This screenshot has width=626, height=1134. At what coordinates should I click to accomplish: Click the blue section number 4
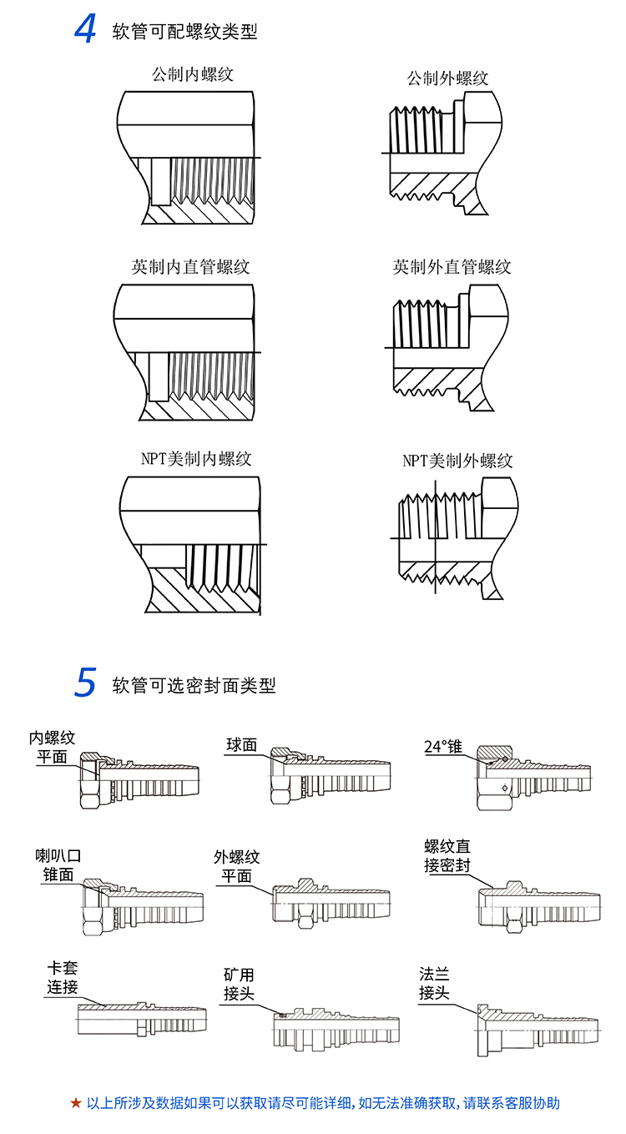[85, 29]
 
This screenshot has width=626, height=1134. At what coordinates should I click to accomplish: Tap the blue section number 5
[85, 683]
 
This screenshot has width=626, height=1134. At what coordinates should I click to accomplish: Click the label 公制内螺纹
[193, 74]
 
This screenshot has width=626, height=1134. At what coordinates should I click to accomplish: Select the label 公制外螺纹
[447, 78]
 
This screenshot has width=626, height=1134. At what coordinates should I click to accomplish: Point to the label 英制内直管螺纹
[190, 267]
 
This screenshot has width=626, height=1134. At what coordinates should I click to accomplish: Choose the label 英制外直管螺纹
[452, 267]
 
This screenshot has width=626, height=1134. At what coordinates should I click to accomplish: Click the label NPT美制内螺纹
[196, 459]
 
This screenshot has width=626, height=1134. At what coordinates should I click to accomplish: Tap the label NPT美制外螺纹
[457, 461]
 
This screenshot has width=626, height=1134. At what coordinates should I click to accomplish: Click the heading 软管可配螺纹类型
[184, 33]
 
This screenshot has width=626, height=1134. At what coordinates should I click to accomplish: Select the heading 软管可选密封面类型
[194, 686]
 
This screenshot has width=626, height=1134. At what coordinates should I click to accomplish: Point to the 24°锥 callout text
[442, 746]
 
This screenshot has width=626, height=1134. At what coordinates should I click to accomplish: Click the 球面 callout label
[242, 744]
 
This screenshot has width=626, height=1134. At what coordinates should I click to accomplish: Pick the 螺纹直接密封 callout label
[447, 856]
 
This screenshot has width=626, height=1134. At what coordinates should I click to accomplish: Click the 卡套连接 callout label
[63, 977]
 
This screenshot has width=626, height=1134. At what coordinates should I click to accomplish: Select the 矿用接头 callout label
[239, 985]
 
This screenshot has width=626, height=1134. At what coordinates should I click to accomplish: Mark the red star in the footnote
[76, 1103]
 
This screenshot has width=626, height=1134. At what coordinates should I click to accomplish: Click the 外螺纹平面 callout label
[237, 866]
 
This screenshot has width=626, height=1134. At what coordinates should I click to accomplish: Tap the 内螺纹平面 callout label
[53, 748]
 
